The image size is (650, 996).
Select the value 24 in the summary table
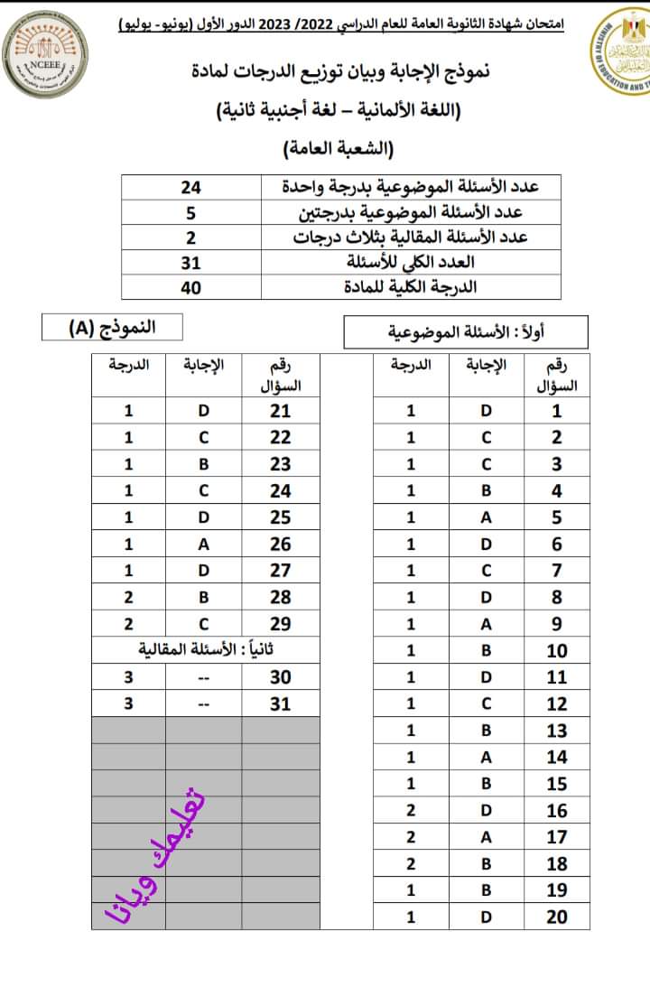click(190, 187)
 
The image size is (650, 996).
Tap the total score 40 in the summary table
click(190, 287)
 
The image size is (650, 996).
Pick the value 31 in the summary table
click(190, 263)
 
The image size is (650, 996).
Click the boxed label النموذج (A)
click(112, 326)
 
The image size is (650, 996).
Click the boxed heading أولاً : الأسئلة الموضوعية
click(466, 331)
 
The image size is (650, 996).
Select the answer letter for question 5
click(486, 517)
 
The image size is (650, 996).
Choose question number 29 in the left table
click(281, 624)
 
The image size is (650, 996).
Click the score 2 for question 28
click(128, 597)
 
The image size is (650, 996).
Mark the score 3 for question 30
click(128, 677)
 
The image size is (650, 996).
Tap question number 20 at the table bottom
click(557, 917)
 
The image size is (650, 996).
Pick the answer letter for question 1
click(486, 411)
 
